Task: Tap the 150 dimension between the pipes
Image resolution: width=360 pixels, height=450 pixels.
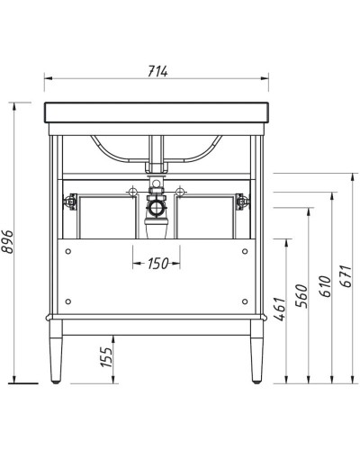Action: point(157,264)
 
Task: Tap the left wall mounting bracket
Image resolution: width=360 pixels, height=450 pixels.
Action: point(67,203)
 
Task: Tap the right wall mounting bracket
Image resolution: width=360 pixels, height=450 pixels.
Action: point(238,203)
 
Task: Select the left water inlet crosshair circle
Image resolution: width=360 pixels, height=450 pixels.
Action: point(132,192)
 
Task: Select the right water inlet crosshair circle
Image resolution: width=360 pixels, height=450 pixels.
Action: point(181,192)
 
